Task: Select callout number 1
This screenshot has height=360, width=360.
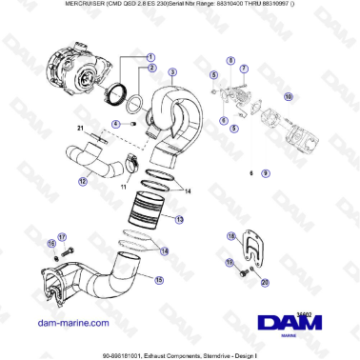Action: pyautogui.click(x=150, y=55)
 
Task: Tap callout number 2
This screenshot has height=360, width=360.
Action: pyautogui.click(x=150, y=69)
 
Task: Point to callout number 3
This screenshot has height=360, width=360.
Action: pyautogui.click(x=172, y=72)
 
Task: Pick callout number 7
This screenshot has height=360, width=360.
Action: pyautogui.click(x=244, y=69)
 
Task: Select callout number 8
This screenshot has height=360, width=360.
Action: pyautogui.click(x=230, y=60)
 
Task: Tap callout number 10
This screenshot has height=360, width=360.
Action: pyautogui.click(x=289, y=96)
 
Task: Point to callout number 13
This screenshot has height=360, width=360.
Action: pyautogui.click(x=178, y=218)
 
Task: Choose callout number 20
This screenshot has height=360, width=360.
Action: pyautogui.click(x=266, y=284)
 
